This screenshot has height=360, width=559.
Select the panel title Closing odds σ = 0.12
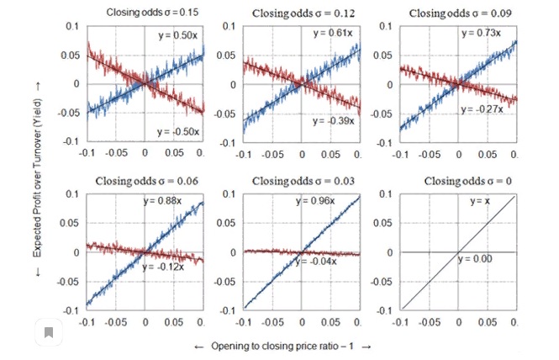click(x=302, y=13)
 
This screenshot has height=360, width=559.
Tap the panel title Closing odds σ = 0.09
click(x=458, y=13)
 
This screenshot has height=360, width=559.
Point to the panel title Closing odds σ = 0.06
click(x=145, y=181)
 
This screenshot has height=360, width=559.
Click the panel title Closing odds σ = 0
click(x=458, y=181)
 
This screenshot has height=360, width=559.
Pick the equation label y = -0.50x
click(x=177, y=130)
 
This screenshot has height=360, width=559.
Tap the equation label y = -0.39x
click(x=334, y=120)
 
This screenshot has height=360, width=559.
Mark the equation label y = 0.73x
click(x=481, y=33)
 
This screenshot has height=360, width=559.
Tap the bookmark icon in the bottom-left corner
click(x=49, y=333)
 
